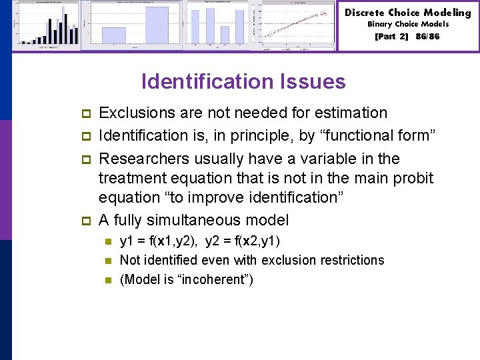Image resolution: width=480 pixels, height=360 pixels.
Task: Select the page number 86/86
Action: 427,37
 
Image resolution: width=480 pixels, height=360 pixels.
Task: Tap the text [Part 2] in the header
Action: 391,37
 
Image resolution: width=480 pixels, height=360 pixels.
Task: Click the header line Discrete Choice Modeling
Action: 407,13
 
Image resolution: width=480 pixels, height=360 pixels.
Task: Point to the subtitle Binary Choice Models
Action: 407,25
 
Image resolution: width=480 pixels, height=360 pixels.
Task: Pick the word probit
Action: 415,178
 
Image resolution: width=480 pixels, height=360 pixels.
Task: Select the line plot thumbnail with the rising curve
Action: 297,25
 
